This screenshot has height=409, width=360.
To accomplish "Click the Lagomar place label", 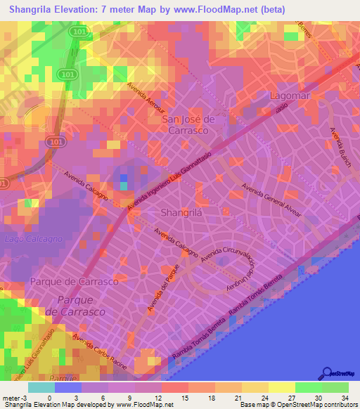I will coord(290,94).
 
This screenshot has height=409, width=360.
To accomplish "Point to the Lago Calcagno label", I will coord(33,239).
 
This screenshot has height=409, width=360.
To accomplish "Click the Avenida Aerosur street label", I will coord(145,99).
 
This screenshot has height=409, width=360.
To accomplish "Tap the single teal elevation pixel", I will coord(124,186).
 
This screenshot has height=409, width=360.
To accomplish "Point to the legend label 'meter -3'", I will coord(15,398).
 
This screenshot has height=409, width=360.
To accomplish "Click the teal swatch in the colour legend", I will coord(41,387).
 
